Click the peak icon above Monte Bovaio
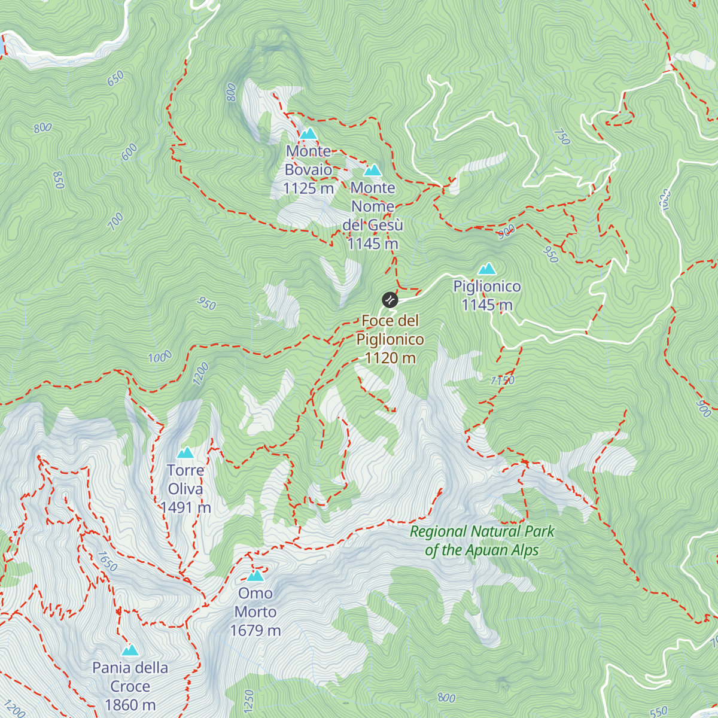[308, 133]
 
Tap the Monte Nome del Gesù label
[373, 206]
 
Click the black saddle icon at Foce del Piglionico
[390, 299]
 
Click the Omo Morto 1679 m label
[255, 611]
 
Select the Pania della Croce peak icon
[130, 650]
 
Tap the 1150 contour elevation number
[502, 380]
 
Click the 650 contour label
[115, 78]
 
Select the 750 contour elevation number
[561, 136]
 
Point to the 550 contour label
[658, 711]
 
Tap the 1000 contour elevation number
[160, 357]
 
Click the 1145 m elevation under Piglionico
[487, 305]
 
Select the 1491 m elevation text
[185, 508]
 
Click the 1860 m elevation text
[130, 705]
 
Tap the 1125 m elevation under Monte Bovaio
[308, 188]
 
